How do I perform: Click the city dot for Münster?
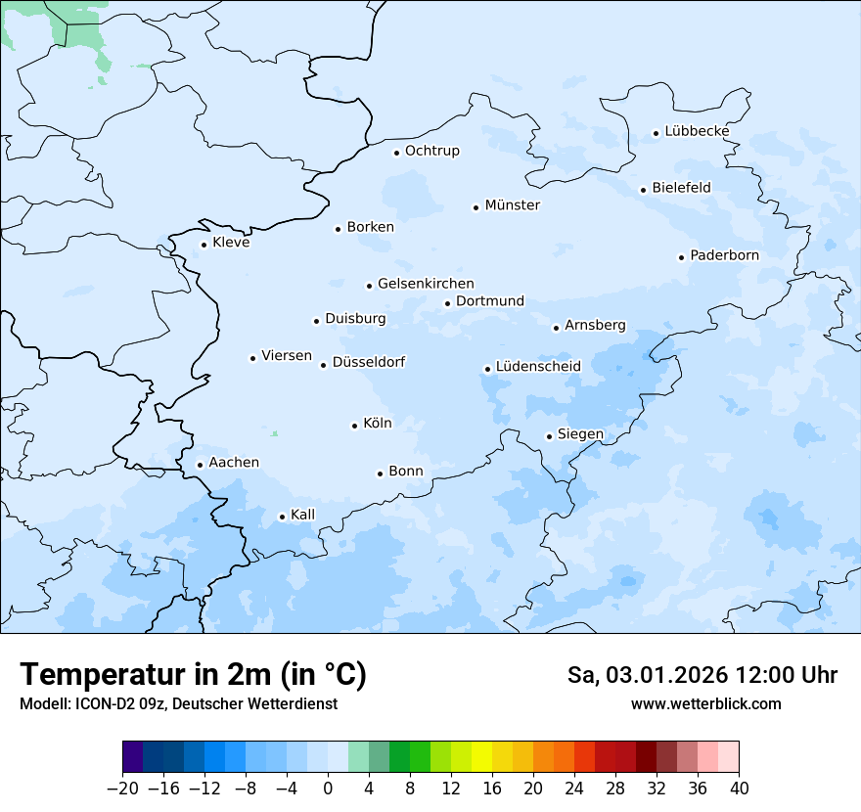tap(476, 207)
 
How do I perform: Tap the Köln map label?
tap(377, 424)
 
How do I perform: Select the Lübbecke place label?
tap(697, 131)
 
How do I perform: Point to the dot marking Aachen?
tap(200, 466)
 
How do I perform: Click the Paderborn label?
tap(724, 255)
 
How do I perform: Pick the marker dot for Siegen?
tap(549, 436)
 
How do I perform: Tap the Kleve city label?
tap(231, 243)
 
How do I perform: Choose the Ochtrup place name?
tap(431, 151)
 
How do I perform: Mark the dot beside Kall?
tap(282, 517)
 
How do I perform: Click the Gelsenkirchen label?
tap(426, 284)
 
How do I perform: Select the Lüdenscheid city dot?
tap(487, 369)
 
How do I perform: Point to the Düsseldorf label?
tap(368, 362)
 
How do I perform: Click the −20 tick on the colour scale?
tap(122, 789)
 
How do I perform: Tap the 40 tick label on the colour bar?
tap(739, 789)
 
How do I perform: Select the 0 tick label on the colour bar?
tap(328, 789)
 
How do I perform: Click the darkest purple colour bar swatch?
tap(133, 757)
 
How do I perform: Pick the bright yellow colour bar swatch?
tap(482, 757)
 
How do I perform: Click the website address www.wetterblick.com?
tap(705, 703)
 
